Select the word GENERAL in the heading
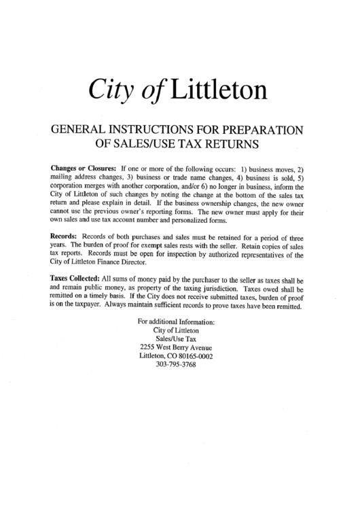[74, 130]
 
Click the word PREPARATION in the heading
[262, 130]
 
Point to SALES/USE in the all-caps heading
[143, 144]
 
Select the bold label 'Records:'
[64, 237]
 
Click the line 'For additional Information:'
[175, 321]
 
